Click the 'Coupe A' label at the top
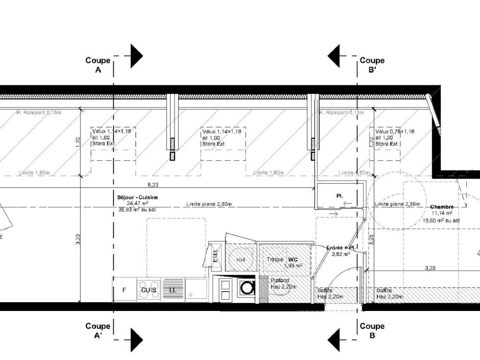point(98,65)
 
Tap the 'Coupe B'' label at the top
point(372,65)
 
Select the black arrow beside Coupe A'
point(136,340)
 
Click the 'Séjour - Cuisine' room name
point(137,197)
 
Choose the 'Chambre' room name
point(442,207)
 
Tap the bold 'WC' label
point(292,259)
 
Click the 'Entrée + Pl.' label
point(341,248)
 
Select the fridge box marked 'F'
point(124,290)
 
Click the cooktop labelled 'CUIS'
point(149,290)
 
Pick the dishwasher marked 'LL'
point(173,290)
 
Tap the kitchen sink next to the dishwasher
point(196,290)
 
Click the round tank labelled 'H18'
point(241,259)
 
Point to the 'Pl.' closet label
point(340,196)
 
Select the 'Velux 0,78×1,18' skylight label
point(394,131)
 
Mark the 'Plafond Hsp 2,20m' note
point(280,283)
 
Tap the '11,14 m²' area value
point(442,213)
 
